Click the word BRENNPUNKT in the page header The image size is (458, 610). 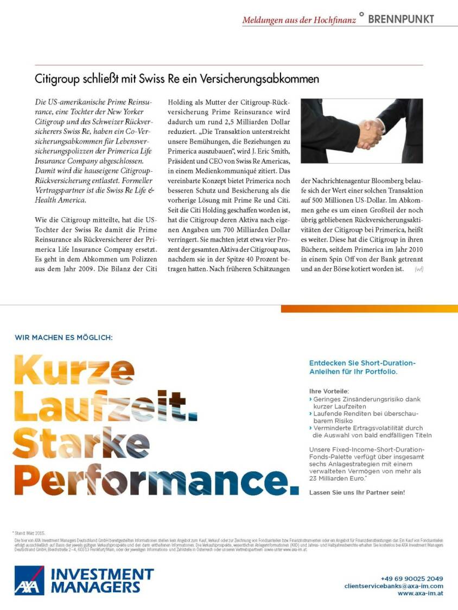point(401,20)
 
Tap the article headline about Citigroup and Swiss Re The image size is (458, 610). point(177,79)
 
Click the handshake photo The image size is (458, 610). point(361,131)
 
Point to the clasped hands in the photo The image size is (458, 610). point(371,132)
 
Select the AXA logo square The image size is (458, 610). point(29,580)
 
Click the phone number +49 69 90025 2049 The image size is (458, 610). point(411,579)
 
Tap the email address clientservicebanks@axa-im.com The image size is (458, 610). point(393,586)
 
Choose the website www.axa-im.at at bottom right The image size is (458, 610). point(420,594)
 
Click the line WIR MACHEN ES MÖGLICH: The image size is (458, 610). point(63,338)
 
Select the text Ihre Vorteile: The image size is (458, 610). point(329,391)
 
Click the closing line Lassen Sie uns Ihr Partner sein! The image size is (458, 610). point(357,492)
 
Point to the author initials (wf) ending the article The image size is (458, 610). point(418,269)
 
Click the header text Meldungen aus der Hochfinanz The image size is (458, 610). point(299,20)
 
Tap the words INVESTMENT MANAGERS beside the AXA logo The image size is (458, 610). point(102,580)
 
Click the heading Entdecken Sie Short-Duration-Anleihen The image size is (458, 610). point(362,367)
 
